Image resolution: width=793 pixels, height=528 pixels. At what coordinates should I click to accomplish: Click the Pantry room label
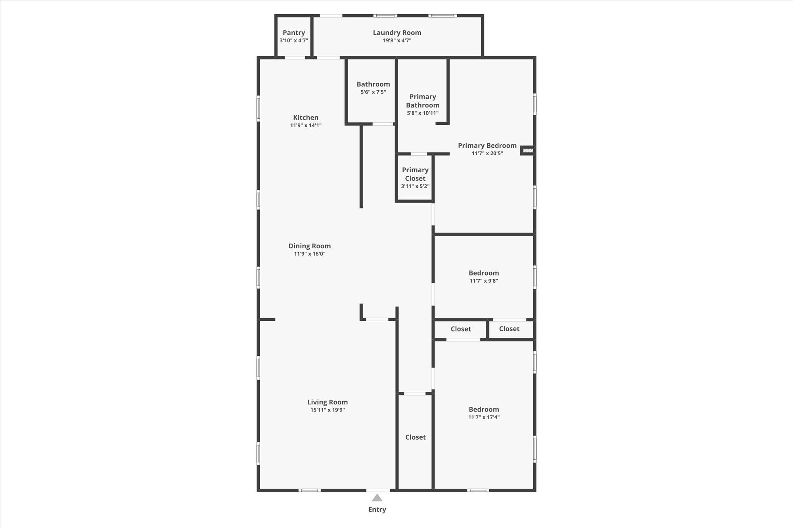pyautogui.click(x=294, y=33)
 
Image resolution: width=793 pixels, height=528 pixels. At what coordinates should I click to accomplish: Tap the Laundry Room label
pyautogui.click(x=397, y=33)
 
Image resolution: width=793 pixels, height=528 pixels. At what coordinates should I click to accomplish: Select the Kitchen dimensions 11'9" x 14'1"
pyautogui.click(x=306, y=125)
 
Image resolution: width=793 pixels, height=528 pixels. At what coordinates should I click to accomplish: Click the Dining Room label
pyautogui.click(x=310, y=246)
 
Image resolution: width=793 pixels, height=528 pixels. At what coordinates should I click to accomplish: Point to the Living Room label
pyautogui.click(x=328, y=402)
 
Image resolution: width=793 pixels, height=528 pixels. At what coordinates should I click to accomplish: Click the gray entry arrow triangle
pyautogui.click(x=377, y=498)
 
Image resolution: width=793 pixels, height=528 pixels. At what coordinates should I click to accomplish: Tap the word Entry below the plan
pyautogui.click(x=377, y=509)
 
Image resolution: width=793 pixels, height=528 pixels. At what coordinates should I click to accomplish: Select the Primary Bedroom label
pyautogui.click(x=487, y=145)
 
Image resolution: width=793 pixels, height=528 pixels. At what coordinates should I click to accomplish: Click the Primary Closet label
pyautogui.click(x=415, y=174)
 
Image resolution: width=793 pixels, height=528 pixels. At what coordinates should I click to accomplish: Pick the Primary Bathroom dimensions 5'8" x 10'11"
pyautogui.click(x=423, y=113)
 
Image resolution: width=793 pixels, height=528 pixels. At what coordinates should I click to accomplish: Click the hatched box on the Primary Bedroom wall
pyautogui.click(x=528, y=151)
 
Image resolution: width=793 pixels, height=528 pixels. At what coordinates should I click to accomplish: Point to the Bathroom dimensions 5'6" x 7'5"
pyautogui.click(x=373, y=92)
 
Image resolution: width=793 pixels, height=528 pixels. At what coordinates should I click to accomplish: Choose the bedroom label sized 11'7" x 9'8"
pyautogui.click(x=484, y=273)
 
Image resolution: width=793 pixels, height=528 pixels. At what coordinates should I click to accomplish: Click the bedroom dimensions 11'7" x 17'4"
pyautogui.click(x=484, y=417)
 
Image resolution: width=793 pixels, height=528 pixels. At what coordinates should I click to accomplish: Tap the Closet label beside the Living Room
pyautogui.click(x=416, y=437)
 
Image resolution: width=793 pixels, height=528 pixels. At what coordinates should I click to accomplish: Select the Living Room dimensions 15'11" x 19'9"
pyautogui.click(x=328, y=410)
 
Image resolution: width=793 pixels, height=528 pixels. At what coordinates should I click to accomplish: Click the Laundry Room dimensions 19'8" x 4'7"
pyautogui.click(x=397, y=40)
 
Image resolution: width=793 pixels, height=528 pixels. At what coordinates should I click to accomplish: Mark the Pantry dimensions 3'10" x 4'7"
pyautogui.click(x=294, y=40)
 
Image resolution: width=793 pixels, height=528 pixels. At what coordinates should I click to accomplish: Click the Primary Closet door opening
pyautogui.click(x=419, y=154)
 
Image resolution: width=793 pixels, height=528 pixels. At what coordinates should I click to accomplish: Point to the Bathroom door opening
pyautogui.click(x=383, y=124)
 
